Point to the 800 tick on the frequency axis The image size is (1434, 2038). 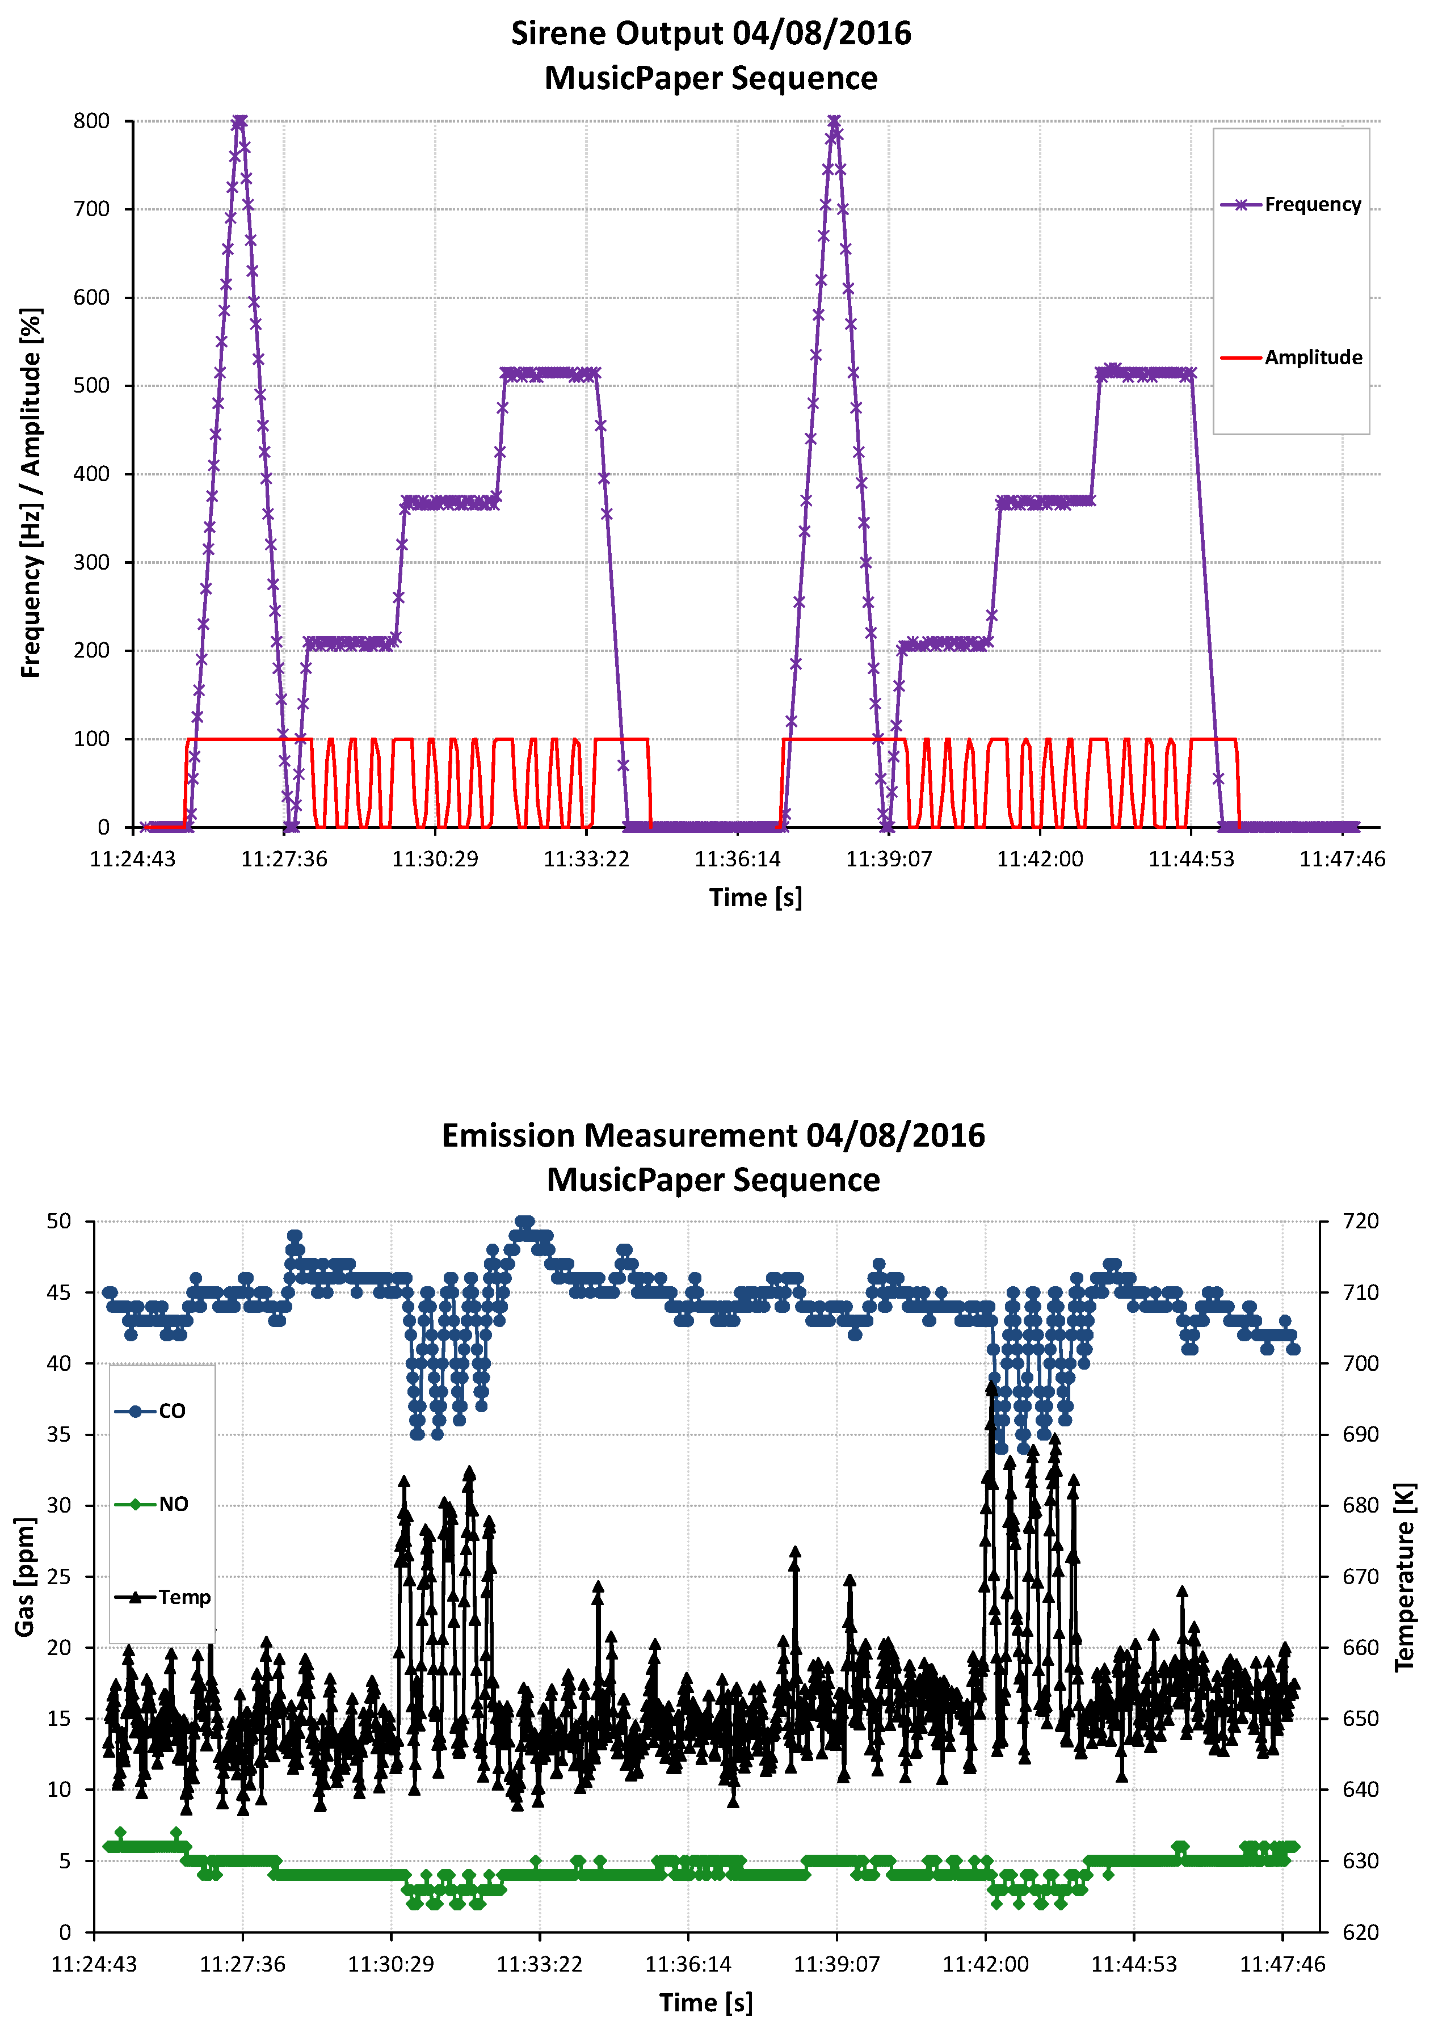[91, 121]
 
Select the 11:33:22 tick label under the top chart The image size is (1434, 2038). [586, 859]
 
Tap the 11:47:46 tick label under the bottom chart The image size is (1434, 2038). [1282, 1964]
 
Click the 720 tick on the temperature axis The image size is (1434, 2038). [1360, 1222]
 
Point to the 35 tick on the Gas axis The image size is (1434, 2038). [58, 1434]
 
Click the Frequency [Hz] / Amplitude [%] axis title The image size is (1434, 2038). [31, 492]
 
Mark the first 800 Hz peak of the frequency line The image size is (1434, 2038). [239, 121]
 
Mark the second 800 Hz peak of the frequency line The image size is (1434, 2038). [834, 121]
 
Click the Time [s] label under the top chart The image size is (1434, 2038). [755, 898]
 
